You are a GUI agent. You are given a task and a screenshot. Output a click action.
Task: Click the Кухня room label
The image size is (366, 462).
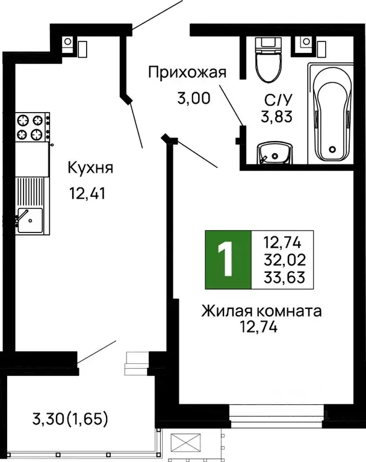(x=90, y=167)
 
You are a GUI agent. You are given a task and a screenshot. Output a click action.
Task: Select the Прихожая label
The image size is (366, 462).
(x=187, y=73)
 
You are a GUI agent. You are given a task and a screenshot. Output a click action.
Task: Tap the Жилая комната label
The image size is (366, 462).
(x=261, y=311)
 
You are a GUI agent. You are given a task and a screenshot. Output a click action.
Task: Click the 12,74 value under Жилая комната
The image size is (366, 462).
(x=261, y=327)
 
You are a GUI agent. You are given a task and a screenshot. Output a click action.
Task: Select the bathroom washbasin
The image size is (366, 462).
(x=273, y=154)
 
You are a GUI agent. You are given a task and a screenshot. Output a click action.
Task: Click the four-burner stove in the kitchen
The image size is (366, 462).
(x=32, y=127)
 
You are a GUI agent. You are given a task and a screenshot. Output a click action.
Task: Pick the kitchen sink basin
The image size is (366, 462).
(x=29, y=220)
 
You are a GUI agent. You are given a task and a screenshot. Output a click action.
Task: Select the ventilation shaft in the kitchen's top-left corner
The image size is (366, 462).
(x=68, y=42)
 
